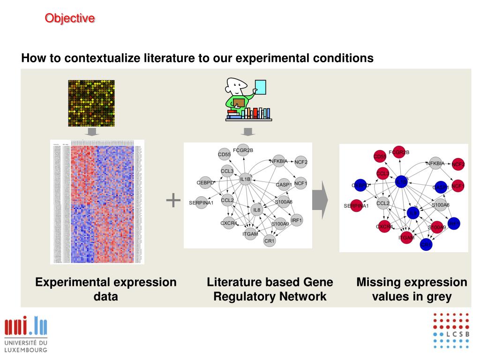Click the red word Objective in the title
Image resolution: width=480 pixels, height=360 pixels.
(x=70, y=18)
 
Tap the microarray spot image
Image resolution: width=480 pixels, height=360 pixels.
(x=91, y=103)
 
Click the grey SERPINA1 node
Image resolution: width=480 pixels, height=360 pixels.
(x=201, y=202)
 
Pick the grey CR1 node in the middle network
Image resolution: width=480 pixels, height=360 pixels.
(x=270, y=241)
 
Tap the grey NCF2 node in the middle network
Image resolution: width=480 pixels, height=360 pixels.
(x=301, y=162)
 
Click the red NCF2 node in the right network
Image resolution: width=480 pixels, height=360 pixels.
(x=458, y=164)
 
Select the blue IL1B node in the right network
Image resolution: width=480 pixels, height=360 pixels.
(x=401, y=181)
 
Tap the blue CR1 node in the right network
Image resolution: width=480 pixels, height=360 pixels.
(x=426, y=244)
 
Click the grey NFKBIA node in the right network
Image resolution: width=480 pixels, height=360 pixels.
(x=435, y=164)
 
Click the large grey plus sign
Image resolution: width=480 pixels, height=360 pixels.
(x=173, y=200)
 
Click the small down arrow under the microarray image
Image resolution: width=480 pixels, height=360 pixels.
(x=93, y=132)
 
